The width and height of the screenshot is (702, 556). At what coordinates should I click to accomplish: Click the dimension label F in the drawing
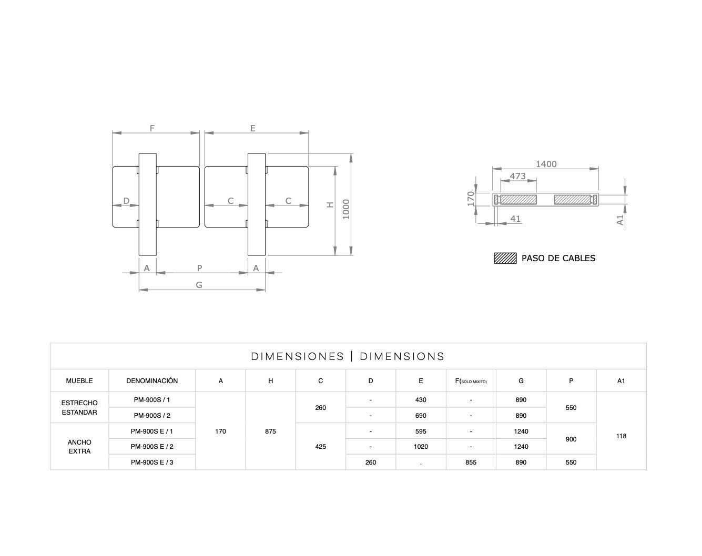(152, 128)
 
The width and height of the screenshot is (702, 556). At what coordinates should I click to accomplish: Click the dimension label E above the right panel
(253, 128)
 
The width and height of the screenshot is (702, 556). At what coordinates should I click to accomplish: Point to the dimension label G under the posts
(199, 285)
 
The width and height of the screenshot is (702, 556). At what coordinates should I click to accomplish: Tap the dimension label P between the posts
(200, 268)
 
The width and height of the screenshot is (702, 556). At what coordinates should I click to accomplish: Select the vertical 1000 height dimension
(346, 209)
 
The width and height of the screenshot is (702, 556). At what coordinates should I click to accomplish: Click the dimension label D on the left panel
(126, 201)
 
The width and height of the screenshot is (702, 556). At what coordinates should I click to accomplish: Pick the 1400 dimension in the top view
(546, 164)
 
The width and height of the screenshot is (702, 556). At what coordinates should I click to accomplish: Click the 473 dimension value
(518, 176)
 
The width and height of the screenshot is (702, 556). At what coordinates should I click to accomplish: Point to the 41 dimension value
(515, 219)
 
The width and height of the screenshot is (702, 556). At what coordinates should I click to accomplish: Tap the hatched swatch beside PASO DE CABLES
(505, 258)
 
